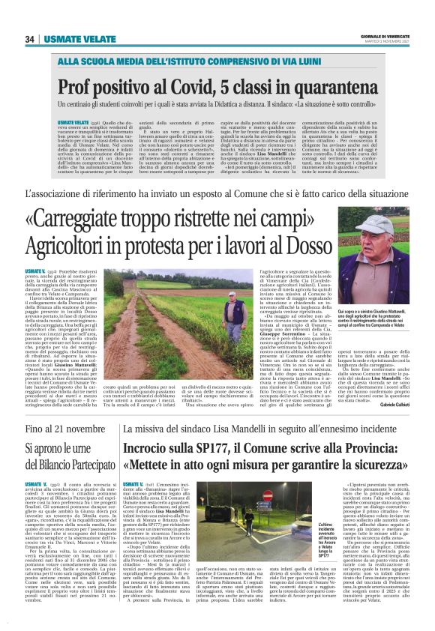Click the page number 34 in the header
[x=30, y=39]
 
